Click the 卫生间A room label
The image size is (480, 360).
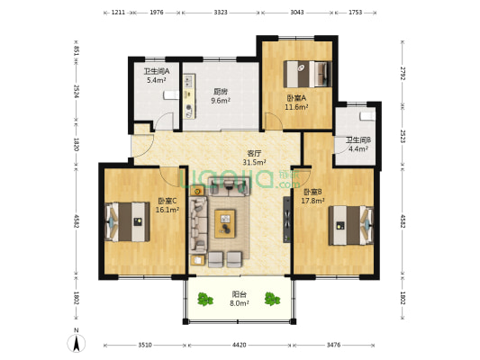coord(157,72)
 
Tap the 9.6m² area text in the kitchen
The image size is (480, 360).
coord(221,100)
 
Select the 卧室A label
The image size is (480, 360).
coord(296,98)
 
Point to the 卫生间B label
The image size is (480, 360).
coord(358,140)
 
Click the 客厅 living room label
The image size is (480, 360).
coord(254,154)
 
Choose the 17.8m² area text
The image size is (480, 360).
coord(312,201)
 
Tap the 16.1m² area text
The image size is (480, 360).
coord(168,210)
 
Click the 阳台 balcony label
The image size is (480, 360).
coord(239,294)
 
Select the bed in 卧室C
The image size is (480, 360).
coord(127,221)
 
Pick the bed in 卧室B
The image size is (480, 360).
coord(351,225)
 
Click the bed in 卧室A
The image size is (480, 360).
coord(308,74)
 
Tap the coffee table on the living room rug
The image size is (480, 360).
coord(225,223)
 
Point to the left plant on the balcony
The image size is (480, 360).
coord(204,299)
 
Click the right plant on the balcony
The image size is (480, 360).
coord(272,299)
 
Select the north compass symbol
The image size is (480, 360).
coord(77,343)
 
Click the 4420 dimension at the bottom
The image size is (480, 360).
coord(239,345)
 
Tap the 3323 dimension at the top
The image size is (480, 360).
coord(221,13)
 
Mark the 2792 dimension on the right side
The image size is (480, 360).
coord(403,74)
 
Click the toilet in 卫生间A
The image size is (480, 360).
coord(171,94)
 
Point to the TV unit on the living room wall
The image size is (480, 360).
coord(286,220)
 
